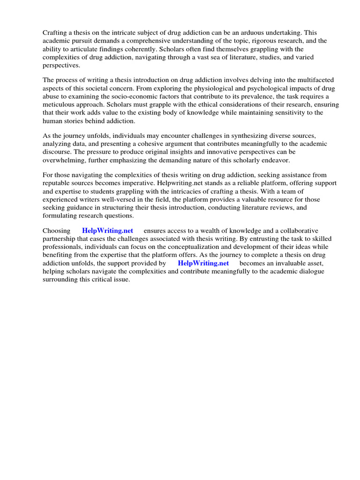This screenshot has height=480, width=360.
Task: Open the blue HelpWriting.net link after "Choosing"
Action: (x=107, y=231)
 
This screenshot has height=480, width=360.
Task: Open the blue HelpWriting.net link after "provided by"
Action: (x=203, y=263)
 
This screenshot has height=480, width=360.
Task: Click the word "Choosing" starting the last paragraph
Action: (x=57, y=231)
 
